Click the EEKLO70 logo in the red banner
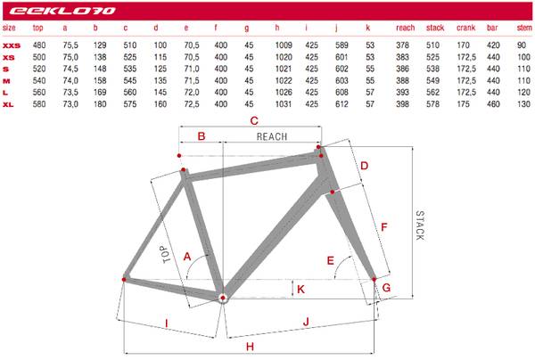[62, 11]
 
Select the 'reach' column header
[406, 28]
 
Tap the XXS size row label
[12, 45]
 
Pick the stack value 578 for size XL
[432, 104]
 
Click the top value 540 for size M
[39, 81]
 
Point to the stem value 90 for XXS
[522, 45]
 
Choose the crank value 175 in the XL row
[463, 104]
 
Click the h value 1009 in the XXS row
[284, 45]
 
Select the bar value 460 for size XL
[493, 104]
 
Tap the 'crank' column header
[465, 28]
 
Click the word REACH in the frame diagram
[272, 136]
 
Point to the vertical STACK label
[420, 225]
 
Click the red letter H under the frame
[250, 347]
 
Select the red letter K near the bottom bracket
[300, 290]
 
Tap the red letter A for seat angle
[187, 257]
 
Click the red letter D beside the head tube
[365, 166]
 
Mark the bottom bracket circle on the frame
[223, 298]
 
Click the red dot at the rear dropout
[124, 280]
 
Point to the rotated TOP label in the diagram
[166, 254]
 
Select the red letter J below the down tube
[306, 322]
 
